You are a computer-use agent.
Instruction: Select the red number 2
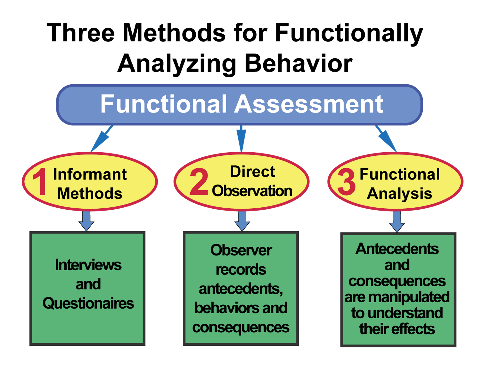click(x=199, y=182)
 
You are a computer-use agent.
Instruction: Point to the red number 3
click(x=346, y=182)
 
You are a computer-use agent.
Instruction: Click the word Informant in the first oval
click(x=90, y=174)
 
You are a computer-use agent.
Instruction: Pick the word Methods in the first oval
click(x=90, y=193)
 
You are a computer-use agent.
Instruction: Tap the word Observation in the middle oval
click(x=252, y=191)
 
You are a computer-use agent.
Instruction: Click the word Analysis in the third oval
click(x=399, y=194)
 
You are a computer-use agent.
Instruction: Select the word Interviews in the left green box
click(x=88, y=265)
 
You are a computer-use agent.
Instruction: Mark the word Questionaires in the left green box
click(x=88, y=303)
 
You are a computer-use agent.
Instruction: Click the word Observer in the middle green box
click(x=241, y=250)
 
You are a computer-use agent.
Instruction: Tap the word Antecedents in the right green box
click(x=397, y=249)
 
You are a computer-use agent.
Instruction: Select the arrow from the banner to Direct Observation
click(x=241, y=139)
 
